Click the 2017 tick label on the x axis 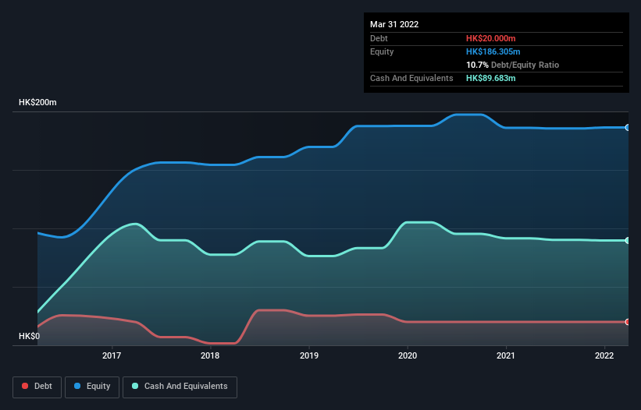pos(112,356)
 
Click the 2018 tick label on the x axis pos(210,356)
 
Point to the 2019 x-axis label pos(308,356)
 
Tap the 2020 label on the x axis pos(408,356)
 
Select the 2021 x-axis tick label pos(506,356)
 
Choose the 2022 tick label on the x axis pos(604,356)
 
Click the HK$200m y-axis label pos(37,103)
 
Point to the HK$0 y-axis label pos(30,337)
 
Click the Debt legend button pos(37,386)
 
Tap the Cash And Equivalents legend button pos(180,386)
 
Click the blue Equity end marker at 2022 pos(627,127)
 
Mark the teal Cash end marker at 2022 pos(627,241)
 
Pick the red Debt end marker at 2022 pos(627,322)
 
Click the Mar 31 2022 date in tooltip pos(394,24)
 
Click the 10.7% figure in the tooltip pos(477,65)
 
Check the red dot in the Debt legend pos(26,386)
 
